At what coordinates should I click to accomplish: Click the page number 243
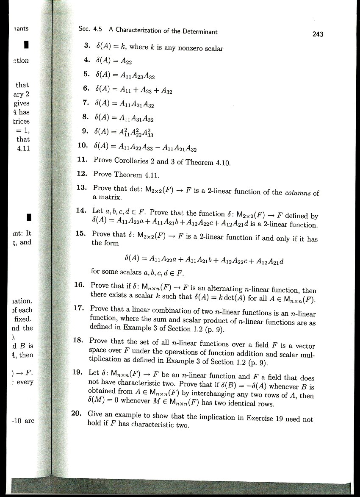click(318, 34)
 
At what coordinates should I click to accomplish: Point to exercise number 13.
click(82, 188)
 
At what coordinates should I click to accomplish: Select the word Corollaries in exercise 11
click(132, 161)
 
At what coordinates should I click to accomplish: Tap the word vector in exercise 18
click(305, 346)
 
